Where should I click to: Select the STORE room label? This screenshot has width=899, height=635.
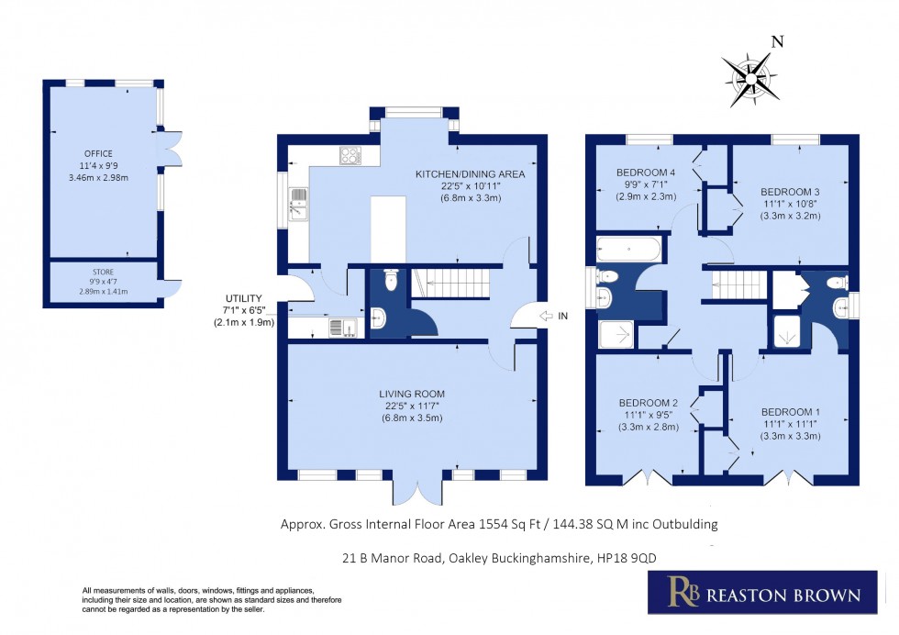(x=103, y=272)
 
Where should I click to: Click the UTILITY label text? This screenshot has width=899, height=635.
(x=244, y=299)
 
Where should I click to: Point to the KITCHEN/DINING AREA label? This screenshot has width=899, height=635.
(x=470, y=174)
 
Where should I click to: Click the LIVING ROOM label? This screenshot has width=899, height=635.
(x=415, y=395)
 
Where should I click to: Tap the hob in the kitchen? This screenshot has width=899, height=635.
(x=350, y=156)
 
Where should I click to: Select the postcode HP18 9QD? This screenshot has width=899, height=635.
(x=624, y=558)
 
